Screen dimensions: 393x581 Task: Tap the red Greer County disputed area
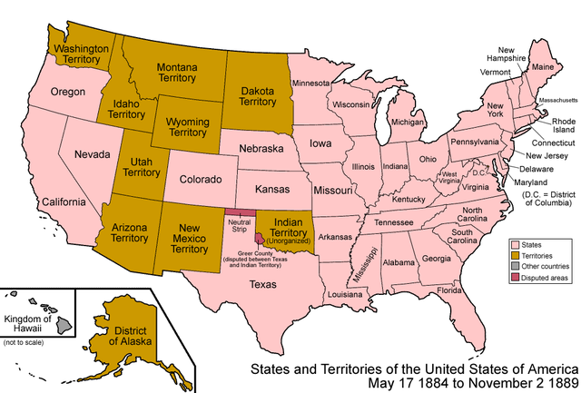click(259, 239)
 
